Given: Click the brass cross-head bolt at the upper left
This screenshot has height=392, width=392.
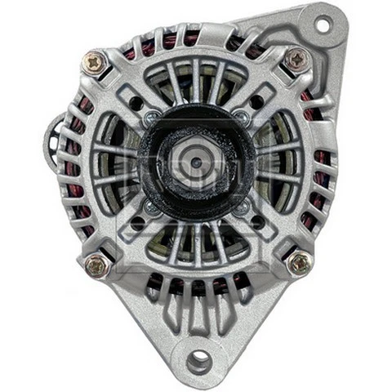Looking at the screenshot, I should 94,61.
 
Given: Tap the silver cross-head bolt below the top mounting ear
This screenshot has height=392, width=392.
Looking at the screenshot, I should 296,58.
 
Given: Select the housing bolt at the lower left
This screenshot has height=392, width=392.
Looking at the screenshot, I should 96,264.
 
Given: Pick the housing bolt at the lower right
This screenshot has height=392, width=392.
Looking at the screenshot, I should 299,261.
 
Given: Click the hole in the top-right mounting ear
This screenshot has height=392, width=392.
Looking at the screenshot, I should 323,24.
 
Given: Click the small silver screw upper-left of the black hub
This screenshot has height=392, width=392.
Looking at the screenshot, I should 150,119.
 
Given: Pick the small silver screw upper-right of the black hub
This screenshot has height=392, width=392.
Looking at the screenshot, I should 243,118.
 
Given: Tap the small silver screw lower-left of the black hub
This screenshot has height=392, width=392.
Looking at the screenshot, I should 149,207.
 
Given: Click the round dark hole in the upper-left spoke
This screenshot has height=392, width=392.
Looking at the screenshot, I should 134,104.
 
